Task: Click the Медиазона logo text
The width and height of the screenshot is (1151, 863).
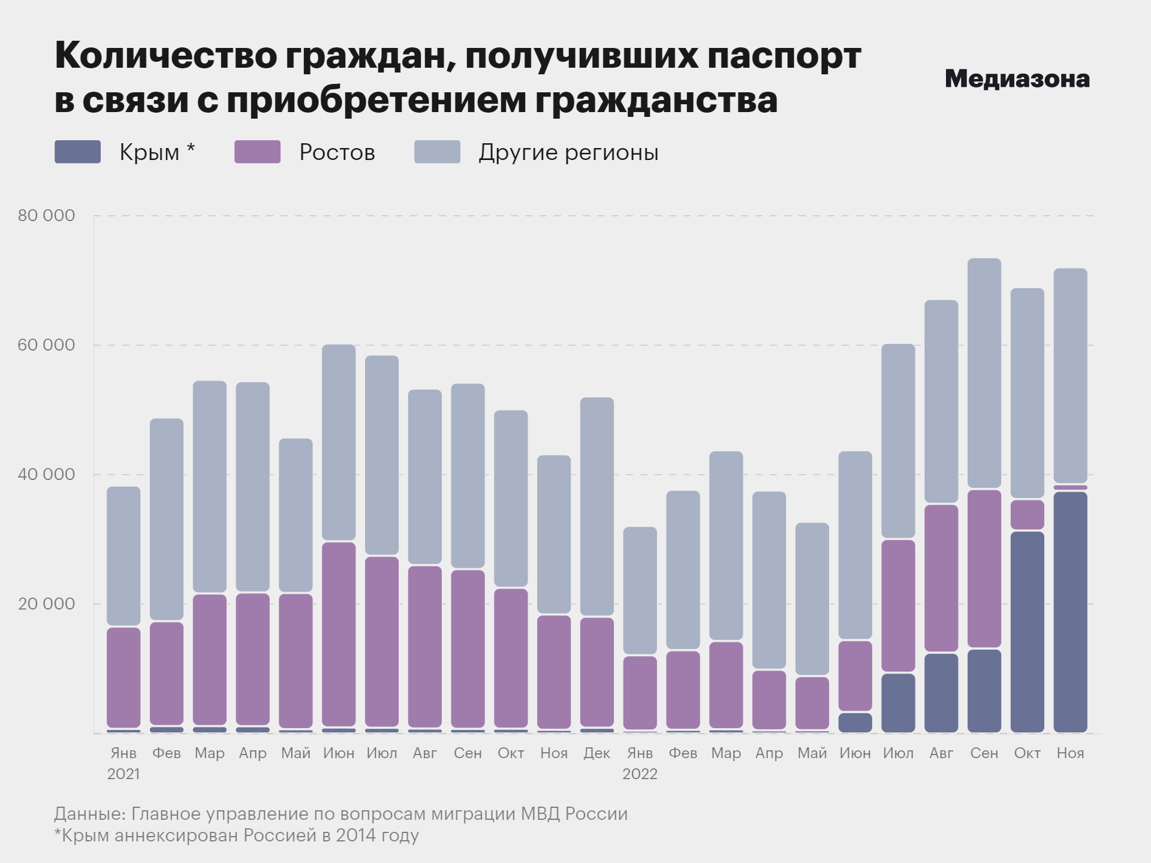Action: coord(1017,79)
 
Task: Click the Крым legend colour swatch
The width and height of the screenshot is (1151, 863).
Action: coord(77,152)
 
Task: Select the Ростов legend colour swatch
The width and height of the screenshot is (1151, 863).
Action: coord(257,152)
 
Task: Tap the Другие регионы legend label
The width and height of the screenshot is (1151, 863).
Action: coord(568,153)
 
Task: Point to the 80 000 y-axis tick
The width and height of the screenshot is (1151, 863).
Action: coord(46,216)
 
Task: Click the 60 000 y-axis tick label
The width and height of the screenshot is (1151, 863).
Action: coord(46,345)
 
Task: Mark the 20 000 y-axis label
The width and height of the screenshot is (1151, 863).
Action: coord(46,604)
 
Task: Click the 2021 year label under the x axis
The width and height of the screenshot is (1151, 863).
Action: coord(123,774)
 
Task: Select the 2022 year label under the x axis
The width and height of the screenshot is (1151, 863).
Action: coord(640,774)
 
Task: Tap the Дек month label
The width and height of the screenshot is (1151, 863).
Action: coord(596,753)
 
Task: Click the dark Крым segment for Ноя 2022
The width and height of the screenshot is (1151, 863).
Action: coord(1070,611)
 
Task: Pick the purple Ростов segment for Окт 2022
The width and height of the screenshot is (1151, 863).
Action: coord(1027,515)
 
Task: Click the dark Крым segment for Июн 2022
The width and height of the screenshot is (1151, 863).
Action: coord(855,722)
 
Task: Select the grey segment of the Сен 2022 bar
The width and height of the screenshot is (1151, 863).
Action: coord(984,373)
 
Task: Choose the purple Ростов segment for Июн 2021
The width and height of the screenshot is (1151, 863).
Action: coord(339,634)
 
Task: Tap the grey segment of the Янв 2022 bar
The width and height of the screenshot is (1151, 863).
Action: coord(640,590)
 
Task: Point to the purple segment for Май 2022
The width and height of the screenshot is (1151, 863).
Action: coord(812,703)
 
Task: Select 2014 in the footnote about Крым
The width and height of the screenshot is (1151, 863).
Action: coord(354,835)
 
